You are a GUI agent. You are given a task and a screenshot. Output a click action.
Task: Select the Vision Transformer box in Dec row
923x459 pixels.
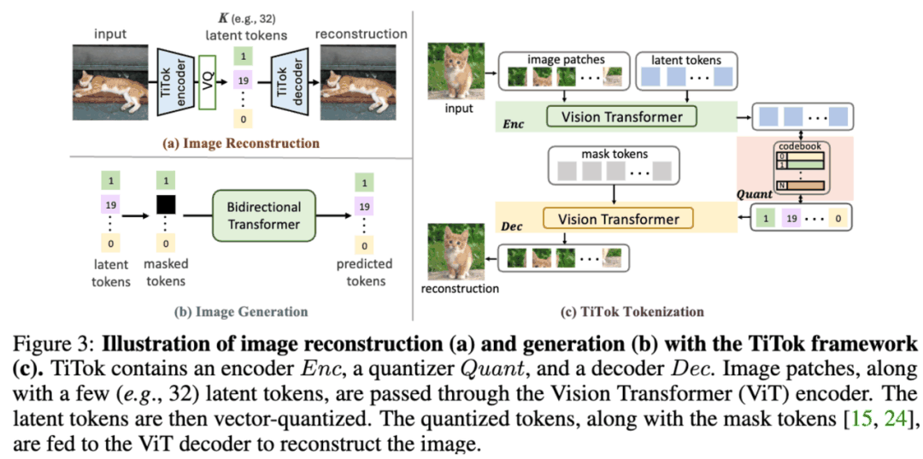coord(619,219)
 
